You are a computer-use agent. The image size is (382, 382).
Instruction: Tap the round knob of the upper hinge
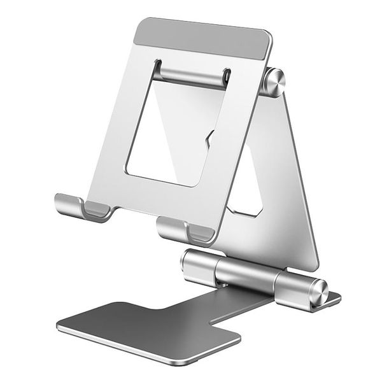tap(274, 81)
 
